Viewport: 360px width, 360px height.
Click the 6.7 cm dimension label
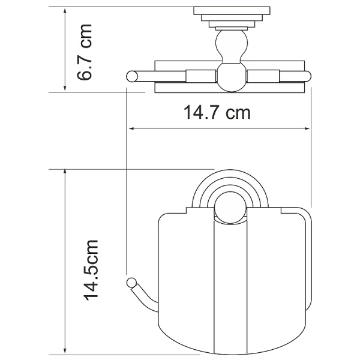[x=84, y=52]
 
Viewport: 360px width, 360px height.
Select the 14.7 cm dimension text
[x=217, y=112]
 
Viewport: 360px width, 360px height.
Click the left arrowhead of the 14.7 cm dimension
[x=132, y=128]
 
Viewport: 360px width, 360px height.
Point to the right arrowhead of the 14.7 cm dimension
[x=307, y=128]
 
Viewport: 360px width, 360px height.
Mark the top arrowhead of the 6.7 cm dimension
[x=65, y=11]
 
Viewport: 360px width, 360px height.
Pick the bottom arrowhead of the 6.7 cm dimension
[x=65, y=88]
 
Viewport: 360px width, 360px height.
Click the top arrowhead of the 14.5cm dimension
[x=65, y=172]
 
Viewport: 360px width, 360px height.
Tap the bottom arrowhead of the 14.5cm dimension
[x=65, y=352]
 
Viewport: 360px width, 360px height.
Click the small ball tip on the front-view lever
[x=131, y=283]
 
